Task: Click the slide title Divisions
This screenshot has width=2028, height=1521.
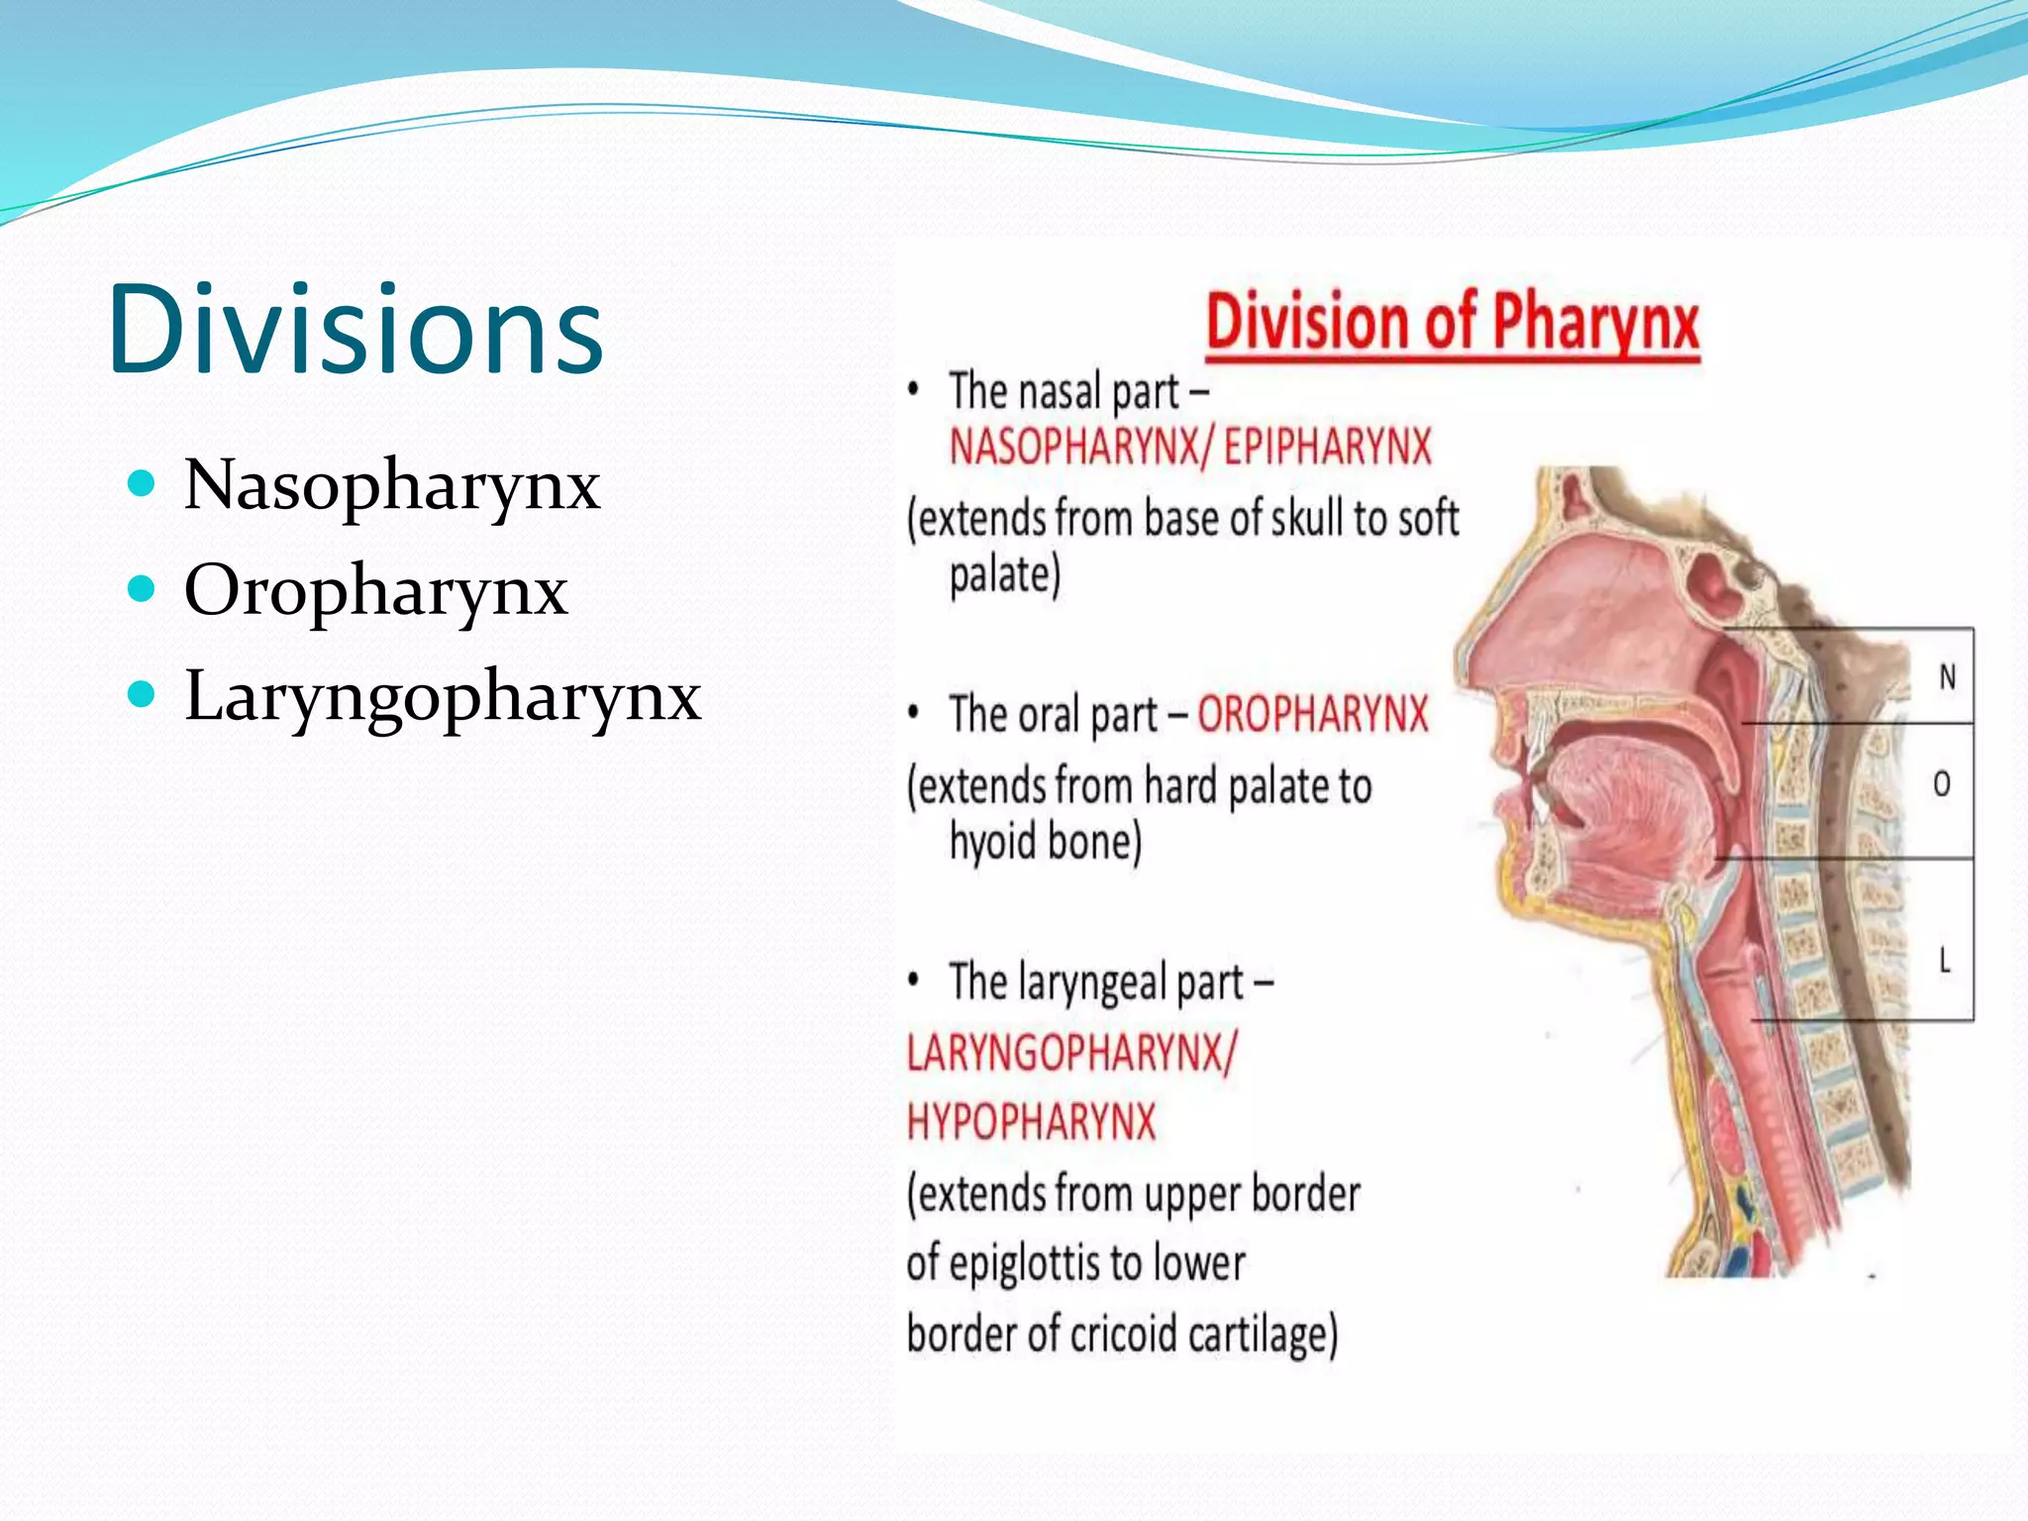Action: click(355, 329)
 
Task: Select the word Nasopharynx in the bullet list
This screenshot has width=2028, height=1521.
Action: click(392, 484)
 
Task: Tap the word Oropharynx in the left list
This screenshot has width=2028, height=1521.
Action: click(375, 590)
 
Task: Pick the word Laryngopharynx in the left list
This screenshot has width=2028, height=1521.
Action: click(443, 695)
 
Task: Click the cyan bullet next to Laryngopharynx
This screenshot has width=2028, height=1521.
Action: click(143, 694)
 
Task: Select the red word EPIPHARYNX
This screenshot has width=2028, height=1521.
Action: click(1327, 448)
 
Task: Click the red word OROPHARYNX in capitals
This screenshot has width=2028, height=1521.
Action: click(1313, 714)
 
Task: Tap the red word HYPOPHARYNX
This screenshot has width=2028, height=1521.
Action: click(1031, 1123)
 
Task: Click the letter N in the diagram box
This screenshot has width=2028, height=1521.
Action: click(1947, 677)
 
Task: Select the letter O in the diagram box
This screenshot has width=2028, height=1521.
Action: click(1942, 784)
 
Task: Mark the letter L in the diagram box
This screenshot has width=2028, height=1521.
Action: click(1944, 960)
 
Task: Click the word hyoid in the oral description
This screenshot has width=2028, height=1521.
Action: click(993, 842)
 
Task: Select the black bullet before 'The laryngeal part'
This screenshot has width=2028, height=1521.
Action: click(914, 980)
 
